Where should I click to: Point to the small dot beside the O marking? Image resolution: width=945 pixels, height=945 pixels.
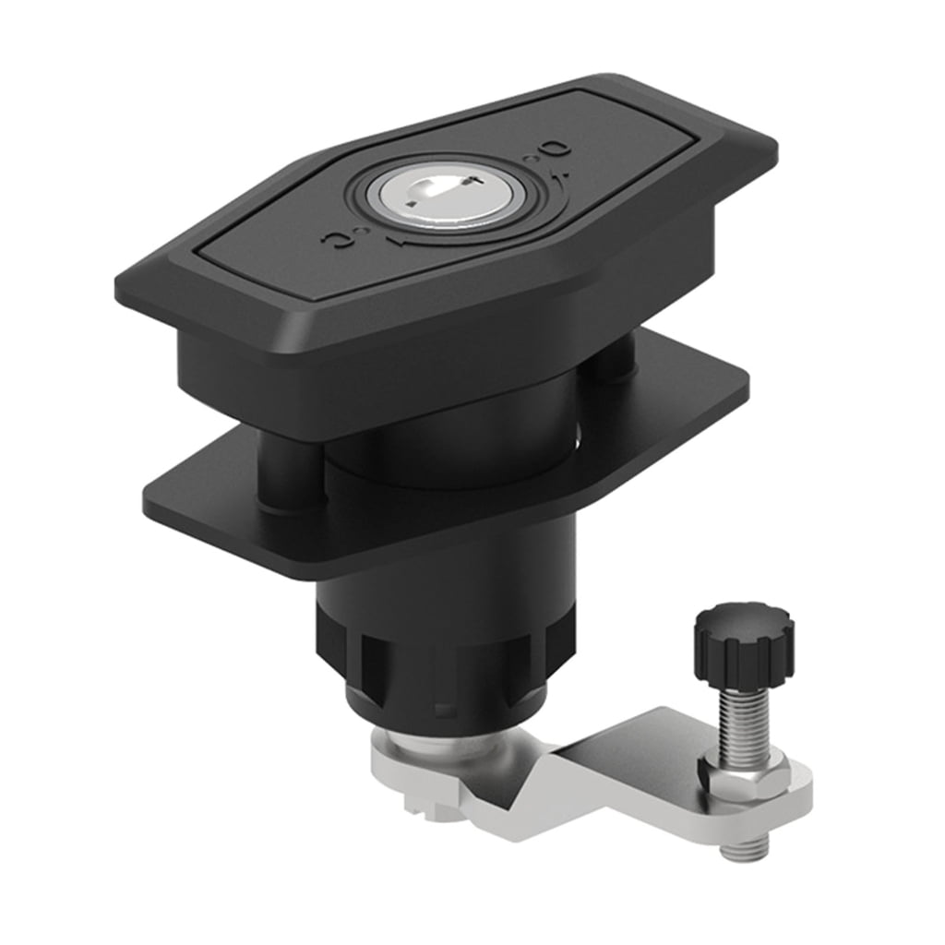pyautogui.click(x=530, y=160)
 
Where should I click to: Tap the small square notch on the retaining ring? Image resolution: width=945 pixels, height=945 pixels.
pyautogui.click(x=444, y=712)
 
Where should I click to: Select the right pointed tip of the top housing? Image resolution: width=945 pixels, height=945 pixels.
pyautogui.click(x=773, y=148)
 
